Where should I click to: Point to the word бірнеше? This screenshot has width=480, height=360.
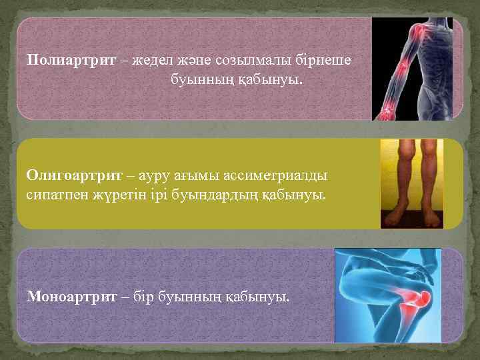(327, 60)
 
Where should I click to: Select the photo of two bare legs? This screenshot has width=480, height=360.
(411, 184)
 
